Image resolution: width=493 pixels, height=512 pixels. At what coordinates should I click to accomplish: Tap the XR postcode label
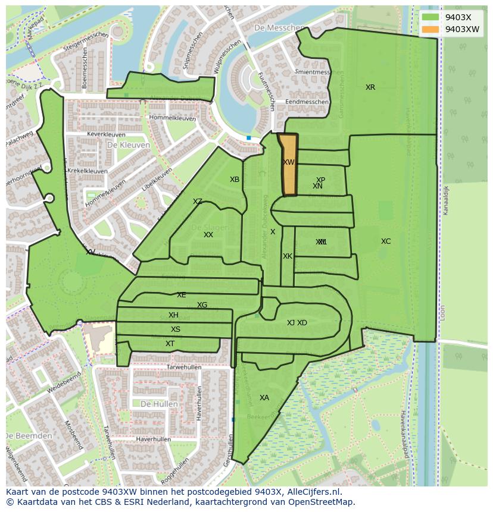click(370, 87)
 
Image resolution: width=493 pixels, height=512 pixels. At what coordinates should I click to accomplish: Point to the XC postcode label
click(386, 241)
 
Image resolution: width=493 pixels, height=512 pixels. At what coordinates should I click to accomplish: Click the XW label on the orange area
click(289, 162)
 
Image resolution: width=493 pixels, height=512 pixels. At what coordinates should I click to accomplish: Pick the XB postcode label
click(235, 180)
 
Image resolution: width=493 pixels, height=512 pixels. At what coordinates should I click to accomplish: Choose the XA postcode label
click(264, 398)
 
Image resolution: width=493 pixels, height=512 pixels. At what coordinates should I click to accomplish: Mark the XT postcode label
click(170, 344)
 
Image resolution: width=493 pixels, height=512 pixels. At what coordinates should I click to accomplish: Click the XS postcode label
click(175, 329)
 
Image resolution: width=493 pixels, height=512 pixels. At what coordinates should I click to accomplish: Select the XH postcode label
click(173, 315)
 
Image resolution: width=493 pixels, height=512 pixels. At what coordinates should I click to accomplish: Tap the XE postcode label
click(182, 295)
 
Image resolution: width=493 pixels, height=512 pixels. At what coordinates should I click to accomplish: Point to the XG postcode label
click(202, 305)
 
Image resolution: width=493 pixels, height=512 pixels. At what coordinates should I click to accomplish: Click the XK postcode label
click(288, 256)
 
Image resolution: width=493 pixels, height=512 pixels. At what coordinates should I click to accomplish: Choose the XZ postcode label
click(198, 202)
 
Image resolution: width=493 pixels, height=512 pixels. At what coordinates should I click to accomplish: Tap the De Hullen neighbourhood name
click(159, 404)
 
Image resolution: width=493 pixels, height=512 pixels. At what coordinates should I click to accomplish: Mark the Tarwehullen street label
click(184, 367)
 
